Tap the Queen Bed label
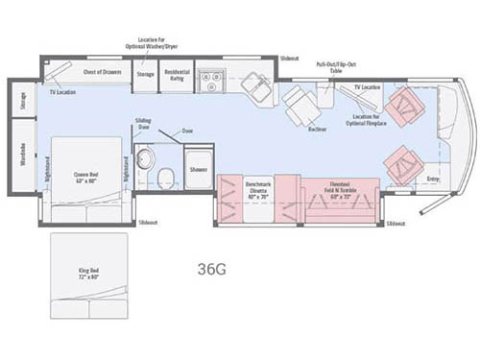click(x=86, y=177)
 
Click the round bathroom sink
click(x=144, y=158)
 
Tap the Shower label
click(x=198, y=169)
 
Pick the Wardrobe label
click(x=23, y=170)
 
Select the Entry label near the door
click(x=432, y=179)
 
